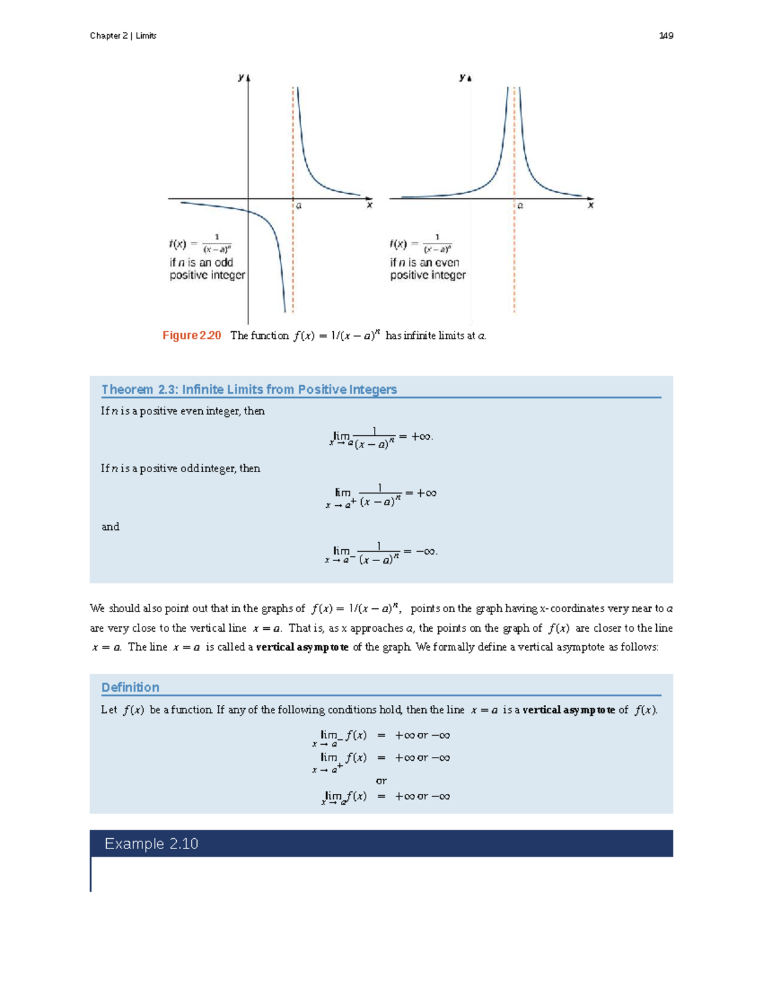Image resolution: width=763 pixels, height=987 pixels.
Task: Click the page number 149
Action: tap(666, 36)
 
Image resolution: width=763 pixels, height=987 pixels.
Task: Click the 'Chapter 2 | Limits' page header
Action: tap(123, 36)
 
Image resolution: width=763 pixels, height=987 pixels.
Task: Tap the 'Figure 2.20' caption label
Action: tap(191, 336)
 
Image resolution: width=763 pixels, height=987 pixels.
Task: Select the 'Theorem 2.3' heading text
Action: tap(249, 390)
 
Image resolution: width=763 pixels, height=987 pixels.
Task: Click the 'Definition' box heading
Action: tap(130, 687)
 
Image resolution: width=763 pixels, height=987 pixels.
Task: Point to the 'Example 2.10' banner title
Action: tap(151, 843)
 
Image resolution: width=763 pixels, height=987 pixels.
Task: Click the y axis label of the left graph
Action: tap(241, 78)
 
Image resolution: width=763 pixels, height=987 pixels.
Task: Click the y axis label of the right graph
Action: tap(462, 78)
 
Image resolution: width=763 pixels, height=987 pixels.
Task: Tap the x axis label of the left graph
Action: tap(369, 205)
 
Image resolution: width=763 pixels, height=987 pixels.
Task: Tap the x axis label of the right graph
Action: tap(591, 205)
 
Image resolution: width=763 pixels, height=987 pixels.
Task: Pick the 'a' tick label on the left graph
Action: tap(299, 206)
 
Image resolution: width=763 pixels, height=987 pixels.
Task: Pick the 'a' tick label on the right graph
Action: tap(520, 206)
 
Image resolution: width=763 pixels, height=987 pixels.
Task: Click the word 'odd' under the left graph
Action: tap(224, 262)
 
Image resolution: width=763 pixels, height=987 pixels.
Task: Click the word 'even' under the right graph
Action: tap(447, 262)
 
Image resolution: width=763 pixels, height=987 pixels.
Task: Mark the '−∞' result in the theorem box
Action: tap(426, 552)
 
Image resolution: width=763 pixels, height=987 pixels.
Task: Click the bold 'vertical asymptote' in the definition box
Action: tap(568, 710)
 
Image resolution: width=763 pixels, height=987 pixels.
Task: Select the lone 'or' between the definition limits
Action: tap(381, 780)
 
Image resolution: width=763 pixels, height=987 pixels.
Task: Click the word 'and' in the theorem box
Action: tap(111, 527)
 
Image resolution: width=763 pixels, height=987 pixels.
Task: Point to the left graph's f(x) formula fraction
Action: tap(217, 243)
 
